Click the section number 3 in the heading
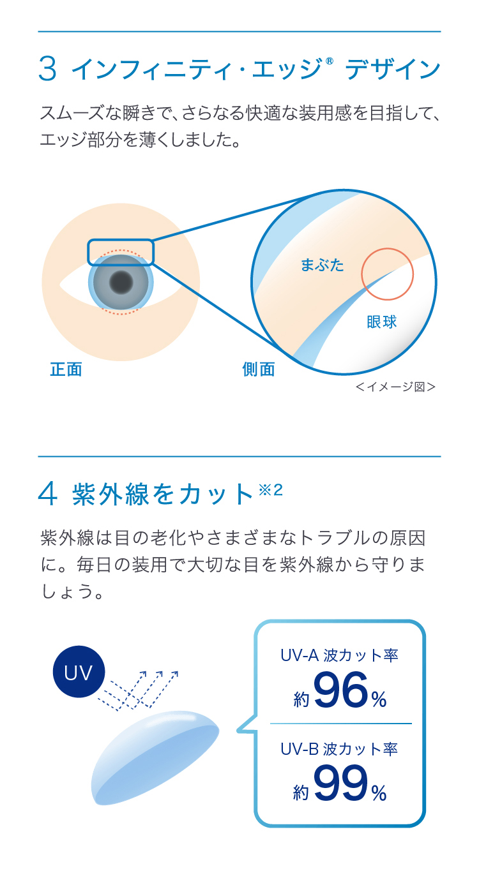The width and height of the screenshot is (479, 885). click(48, 69)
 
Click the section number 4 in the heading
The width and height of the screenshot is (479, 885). click(49, 495)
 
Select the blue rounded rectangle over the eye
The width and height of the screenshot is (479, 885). click(121, 252)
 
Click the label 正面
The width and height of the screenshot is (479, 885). click(66, 370)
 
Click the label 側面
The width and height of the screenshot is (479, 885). click(259, 370)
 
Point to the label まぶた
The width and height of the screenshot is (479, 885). click(322, 265)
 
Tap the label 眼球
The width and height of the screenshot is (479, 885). click(382, 322)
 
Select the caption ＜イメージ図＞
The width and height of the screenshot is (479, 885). click(395, 387)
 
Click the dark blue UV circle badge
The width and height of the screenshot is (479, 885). click(79, 672)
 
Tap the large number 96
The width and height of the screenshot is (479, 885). click(341, 693)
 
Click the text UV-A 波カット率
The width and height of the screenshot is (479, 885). click(339, 655)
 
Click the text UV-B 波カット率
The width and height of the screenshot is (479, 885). click(339, 748)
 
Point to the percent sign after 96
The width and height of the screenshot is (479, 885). click(379, 700)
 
